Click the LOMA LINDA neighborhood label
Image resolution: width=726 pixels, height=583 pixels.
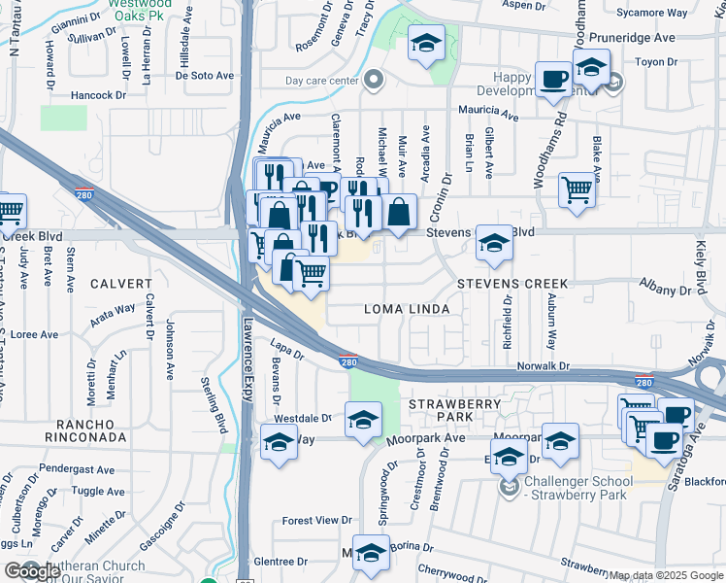coord(406,309)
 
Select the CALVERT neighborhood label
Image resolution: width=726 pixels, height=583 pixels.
coord(122,284)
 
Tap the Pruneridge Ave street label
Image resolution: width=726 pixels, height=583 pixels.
coord(636,38)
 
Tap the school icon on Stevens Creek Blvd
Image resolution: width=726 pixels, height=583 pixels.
coord(494,247)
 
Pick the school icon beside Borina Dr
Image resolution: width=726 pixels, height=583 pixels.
coord(371,553)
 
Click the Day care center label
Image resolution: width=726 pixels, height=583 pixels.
coord(321,81)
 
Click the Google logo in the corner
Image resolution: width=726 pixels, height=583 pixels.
coord(31,571)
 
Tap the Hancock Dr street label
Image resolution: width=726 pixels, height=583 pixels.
coord(99,95)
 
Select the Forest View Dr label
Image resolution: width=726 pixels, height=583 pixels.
coord(316,521)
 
